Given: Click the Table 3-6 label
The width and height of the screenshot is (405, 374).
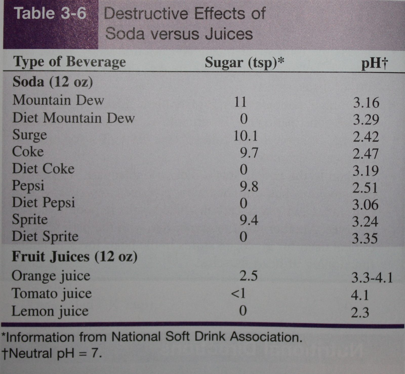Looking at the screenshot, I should click(51, 13).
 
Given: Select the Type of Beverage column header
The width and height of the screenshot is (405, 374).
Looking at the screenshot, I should click(69, 62).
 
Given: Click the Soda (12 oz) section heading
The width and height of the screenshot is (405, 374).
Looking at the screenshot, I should click(53, 82).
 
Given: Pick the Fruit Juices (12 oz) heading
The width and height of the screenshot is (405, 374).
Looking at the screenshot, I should click(75, 257).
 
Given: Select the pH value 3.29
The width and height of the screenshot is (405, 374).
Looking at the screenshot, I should click(366, 120).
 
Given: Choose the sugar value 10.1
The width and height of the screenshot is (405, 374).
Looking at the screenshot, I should click(245, 136).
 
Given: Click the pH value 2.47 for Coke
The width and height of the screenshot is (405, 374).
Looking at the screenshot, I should click(366, 154).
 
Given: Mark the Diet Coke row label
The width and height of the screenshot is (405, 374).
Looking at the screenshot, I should click(43, 169).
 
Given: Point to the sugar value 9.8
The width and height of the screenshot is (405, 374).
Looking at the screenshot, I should click(249, 187).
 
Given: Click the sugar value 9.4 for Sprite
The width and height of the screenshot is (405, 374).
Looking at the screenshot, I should click(249, 220).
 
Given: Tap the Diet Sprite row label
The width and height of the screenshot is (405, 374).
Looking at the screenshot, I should click(45, 237).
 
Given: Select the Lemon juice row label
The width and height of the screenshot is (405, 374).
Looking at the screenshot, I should click(50, 311).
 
